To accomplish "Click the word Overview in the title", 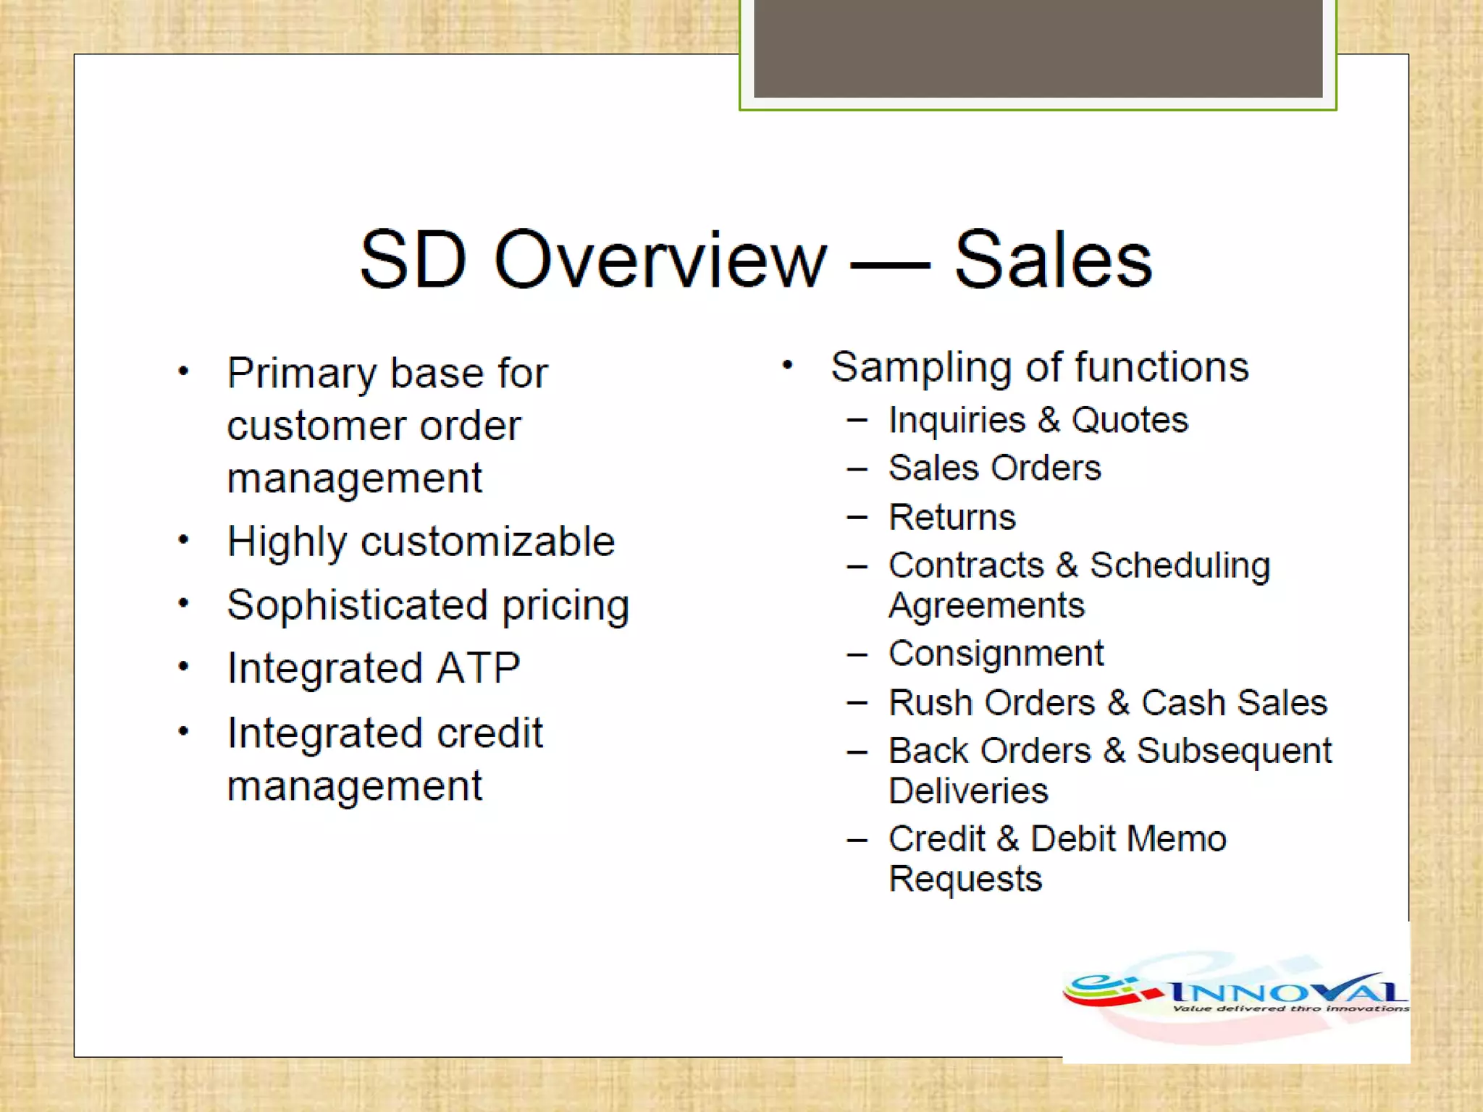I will coord(660,260).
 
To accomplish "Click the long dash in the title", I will coord(890,265).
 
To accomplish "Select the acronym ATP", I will coord(479,667).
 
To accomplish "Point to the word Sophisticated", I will coord(357,605).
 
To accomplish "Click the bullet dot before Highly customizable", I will coord(184,540).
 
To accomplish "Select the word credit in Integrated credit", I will coord(490,733).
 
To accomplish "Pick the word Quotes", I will coord(1130,420).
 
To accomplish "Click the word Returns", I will coord(952,517).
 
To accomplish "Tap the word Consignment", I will coord(996,654).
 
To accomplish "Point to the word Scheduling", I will coord(1180,565).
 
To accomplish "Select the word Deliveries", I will coord(968,791).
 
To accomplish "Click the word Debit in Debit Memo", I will coord(1073,839).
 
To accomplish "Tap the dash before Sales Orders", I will coord(857,469).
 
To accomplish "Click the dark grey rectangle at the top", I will coord(1038,48).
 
